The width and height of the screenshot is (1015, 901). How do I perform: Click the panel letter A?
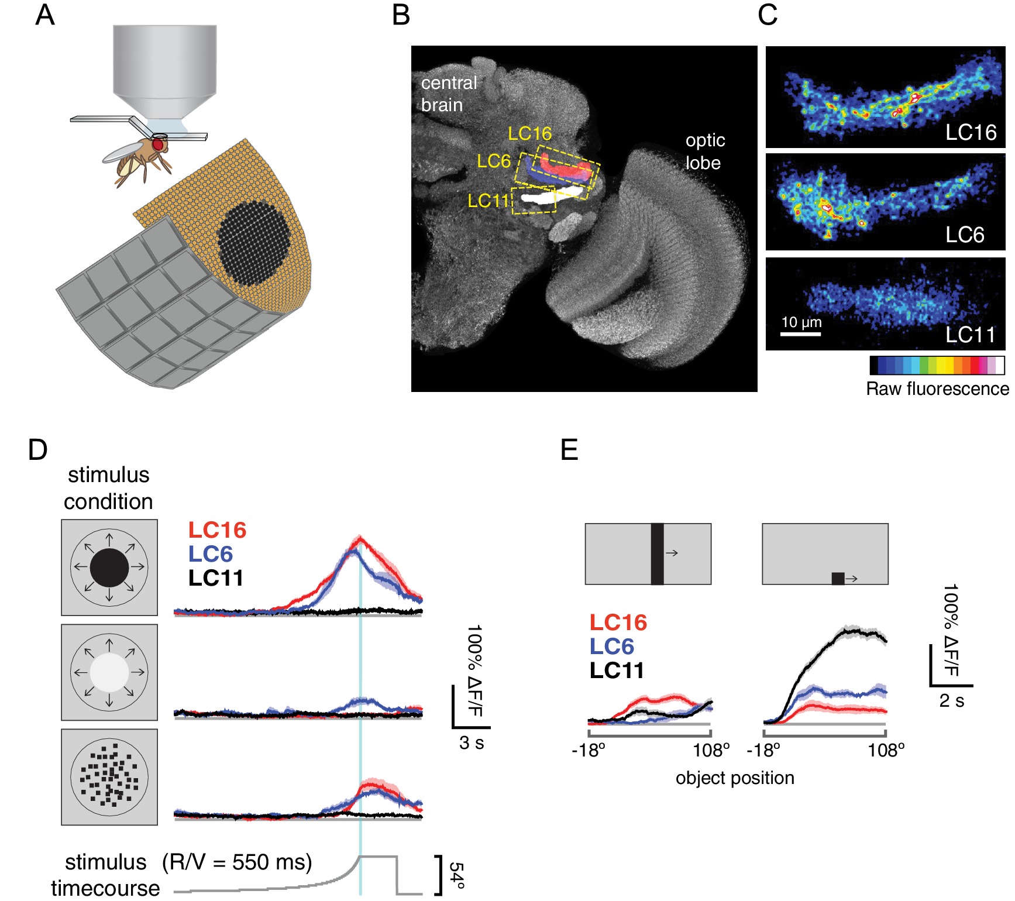pyautogui.click(x=45, y=15)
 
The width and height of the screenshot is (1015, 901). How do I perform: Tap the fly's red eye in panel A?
pyautogui.click(x=158, y=144)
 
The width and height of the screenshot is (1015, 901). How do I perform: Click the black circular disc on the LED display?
pyautogui.click(x=254, y=240)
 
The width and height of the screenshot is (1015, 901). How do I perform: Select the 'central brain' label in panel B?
pyautogui.click(x=449, y=94)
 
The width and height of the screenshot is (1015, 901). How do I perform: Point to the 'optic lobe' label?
pyautogui.click(x=705, y=151)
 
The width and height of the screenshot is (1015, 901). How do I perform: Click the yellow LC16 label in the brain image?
pyautogui.click(x=529, y=134)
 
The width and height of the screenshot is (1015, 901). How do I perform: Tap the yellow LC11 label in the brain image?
pyautogui.click(x=488, y=201)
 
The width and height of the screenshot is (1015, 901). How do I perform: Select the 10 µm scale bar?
pyautogui.click(x=801, y=333)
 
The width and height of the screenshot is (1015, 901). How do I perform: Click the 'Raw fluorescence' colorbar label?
pyautogui.click(x=937, y=388)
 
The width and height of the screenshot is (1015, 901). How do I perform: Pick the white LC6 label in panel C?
pyautogui.click(x=965, y=235)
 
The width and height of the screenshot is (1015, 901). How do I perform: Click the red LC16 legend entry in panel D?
pyautogui.click(x=217, y=530)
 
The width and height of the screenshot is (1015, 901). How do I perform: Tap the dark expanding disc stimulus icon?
pyautogui.click(x=109, y=568)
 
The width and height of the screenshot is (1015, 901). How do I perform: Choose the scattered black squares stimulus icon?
pyautogui.click(x=109, y=777)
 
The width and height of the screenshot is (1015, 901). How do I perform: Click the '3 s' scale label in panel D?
pyautogui.click(x=472, y=742)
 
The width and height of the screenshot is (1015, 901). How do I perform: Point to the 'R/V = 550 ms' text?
pyautogui.click(x=237, y=862)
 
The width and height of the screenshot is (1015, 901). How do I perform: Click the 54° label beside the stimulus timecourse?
pyautogui.click(x=457, y=875)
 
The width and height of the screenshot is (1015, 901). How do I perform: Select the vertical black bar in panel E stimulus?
pyautogui.click(x=657, y=553)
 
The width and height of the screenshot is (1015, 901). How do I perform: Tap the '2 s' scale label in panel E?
pyautogui.click(x=952, y=700)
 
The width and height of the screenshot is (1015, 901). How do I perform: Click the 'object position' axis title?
pyautogui.click(x=735, y=778)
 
